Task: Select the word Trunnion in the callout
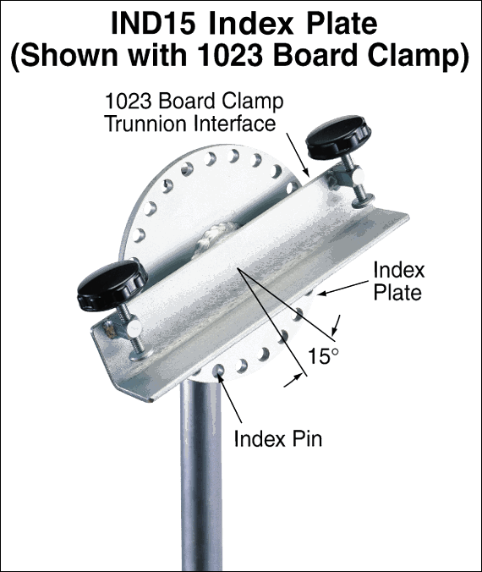tap(146, 124)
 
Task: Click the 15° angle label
tap(324, 356)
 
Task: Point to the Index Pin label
tap(278, 438)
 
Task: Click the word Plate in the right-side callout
tap(397, 292)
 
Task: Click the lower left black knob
tap(112, 284)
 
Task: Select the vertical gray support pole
tap(201, 474)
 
